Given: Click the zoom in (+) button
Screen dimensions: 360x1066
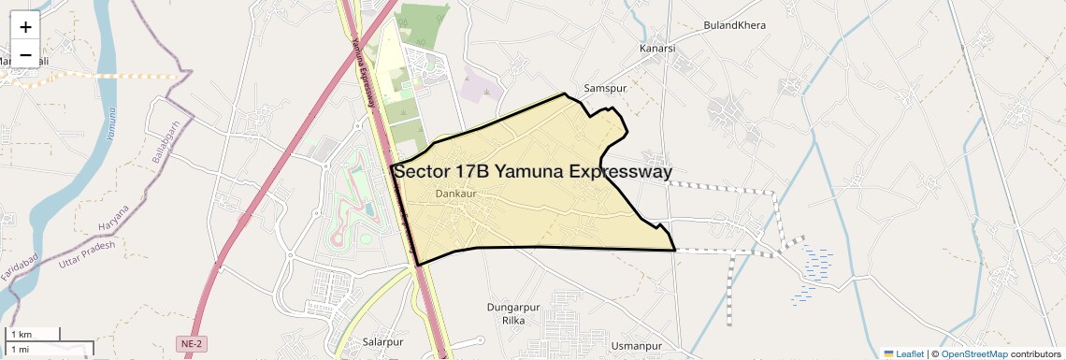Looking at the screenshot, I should tap(25, 26).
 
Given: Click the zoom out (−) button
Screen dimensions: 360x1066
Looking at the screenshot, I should tap(25, 55).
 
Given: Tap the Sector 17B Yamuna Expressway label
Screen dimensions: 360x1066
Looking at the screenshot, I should tap(532, 172).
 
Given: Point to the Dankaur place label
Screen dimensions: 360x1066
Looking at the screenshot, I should tap(456, 194).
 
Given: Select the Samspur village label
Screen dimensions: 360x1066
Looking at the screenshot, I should tap(603, 88).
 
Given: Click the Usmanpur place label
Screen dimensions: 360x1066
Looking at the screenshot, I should tap(635, 347).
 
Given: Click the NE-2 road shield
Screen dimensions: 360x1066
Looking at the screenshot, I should tap(193, 344).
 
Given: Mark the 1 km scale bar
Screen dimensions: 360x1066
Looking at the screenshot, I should tap(33, 334).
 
